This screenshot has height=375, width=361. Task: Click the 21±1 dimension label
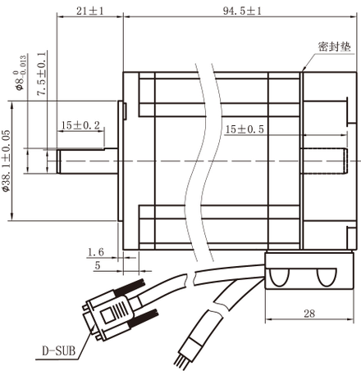click(x=89, y=11)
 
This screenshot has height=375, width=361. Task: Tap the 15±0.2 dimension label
click(x=80, y=125)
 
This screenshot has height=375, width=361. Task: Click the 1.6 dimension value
click(x=95, y=251)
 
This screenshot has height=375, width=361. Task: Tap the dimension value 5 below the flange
click(x=98, y=265)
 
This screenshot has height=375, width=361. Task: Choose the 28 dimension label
click(x=308, y=314)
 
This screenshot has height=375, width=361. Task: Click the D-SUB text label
click(x=57, y=351)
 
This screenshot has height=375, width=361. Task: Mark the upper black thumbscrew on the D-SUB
click(x=129, y=290)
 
